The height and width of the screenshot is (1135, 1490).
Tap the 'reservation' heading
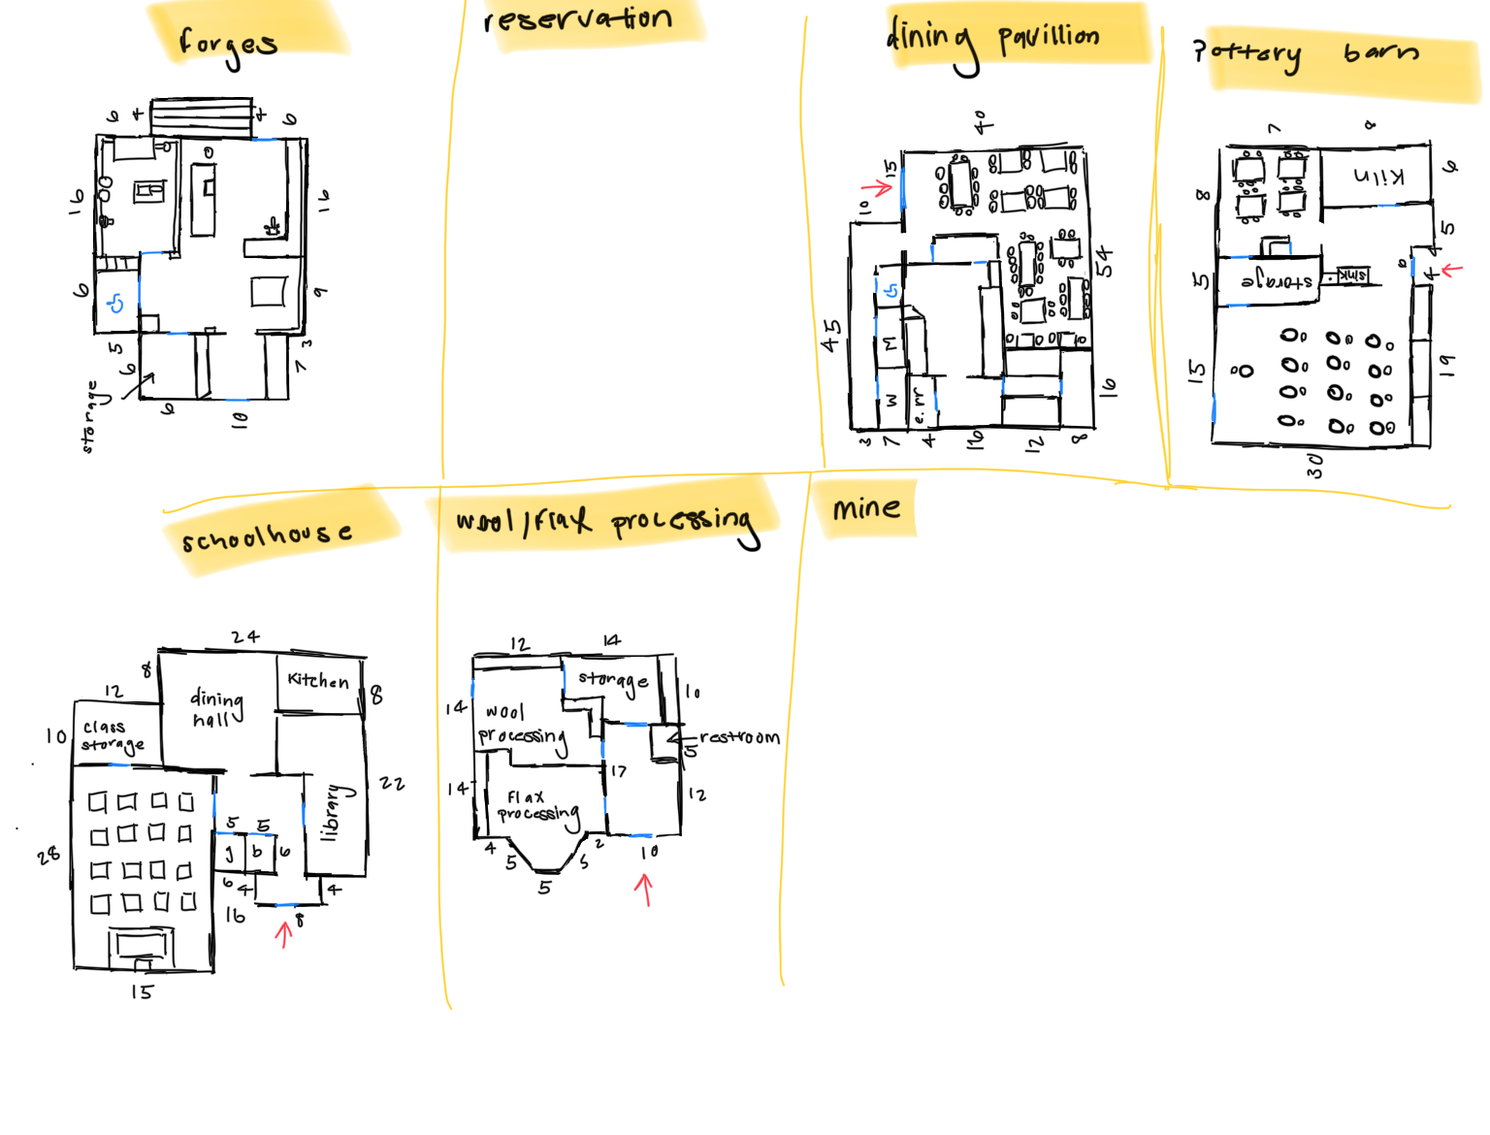[x=578, y=19]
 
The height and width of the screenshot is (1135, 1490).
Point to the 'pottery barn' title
[x=1306, y=52]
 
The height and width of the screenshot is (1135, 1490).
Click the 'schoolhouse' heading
[x=267, y=535]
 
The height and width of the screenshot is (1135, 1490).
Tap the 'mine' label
[x=865, y=508]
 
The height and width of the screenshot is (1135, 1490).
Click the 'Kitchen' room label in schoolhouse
[x=318, y=680]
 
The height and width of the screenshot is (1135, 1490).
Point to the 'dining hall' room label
[x=215, y=708]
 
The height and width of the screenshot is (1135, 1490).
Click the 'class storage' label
[x=111, y=735]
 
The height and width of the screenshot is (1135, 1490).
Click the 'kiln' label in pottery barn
[x=1378, y=177]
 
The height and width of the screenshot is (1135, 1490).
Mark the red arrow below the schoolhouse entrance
[x=283, y=933]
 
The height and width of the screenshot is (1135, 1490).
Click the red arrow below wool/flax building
[x=644, y=888]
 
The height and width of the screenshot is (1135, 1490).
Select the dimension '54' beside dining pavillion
[x=1104, y=262]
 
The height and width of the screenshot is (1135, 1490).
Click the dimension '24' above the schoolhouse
[x=245, y=637]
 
